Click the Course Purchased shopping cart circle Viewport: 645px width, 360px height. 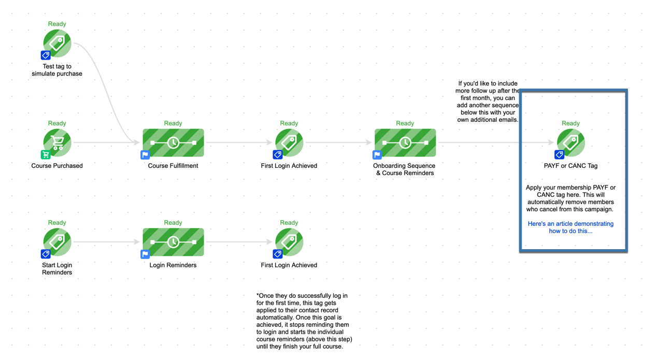[57, 142]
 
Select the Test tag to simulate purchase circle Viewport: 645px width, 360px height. [57, 43]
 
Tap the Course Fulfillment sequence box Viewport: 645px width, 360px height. [174, 142]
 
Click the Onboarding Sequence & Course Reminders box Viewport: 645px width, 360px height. [405, 142]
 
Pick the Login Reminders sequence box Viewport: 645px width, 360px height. [174, 242]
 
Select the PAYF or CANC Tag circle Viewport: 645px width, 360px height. [571, 142]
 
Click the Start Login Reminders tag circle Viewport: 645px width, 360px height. [57, 242]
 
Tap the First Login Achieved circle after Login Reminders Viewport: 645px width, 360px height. [289, 242]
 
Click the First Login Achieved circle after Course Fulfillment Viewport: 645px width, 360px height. [289, 142]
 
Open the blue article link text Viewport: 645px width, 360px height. [570, 227]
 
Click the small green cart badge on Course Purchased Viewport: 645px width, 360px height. [46, 155]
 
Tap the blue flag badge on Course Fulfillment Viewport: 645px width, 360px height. [145, 155]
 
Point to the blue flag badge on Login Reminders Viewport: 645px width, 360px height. [145, 254]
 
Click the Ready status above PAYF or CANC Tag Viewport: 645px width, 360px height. [571, 123]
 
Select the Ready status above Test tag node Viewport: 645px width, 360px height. [57, 24]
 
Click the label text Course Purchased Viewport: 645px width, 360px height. [57, 166]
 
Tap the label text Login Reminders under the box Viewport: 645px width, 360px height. [173, 265]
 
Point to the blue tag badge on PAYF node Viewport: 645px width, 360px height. [559, 155]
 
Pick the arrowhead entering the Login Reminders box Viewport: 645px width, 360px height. [137, 242]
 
